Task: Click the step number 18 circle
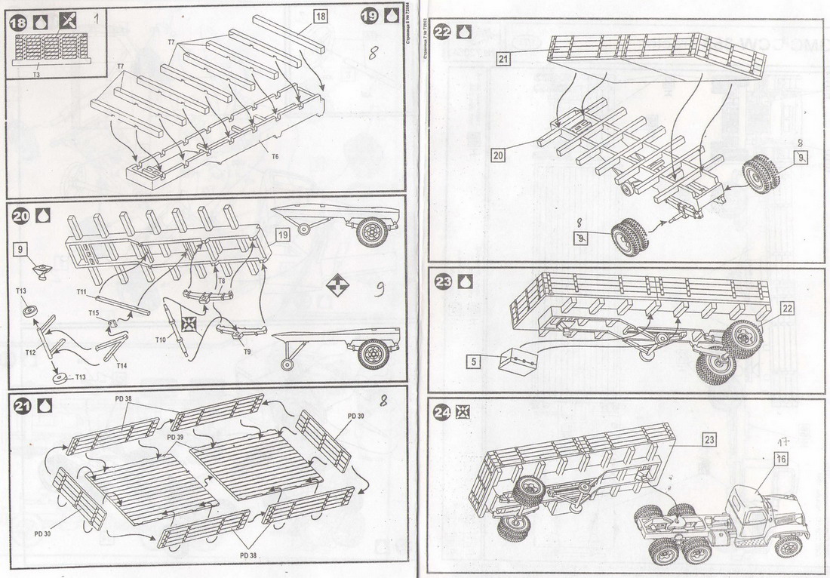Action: [17, 21]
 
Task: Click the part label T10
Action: [161, 340]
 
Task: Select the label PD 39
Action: [175, 437]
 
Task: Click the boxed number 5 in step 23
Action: [473, 361]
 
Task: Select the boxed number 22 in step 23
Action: [787, 308]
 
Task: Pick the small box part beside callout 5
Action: [518, 362]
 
